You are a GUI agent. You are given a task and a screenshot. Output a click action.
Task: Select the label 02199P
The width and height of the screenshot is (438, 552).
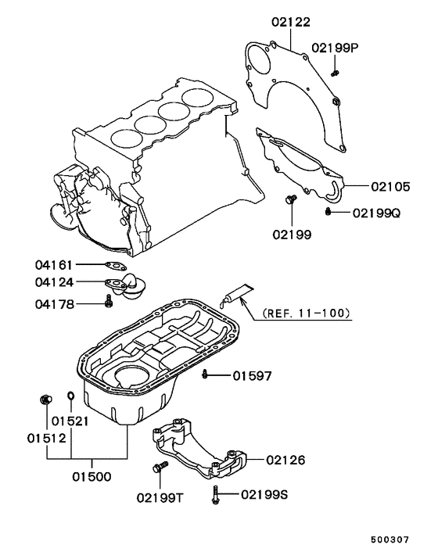[x=335, y=48]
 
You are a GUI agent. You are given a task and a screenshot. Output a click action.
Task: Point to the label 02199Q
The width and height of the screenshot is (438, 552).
[x=375, y=213]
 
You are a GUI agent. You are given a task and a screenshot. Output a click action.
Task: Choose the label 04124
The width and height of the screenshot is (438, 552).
[x=54, y=282]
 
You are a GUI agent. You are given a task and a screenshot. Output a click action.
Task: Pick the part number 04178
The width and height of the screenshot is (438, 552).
[x=54, y=303]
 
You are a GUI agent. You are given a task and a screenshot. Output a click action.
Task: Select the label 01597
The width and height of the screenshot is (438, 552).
[x=252, y=376]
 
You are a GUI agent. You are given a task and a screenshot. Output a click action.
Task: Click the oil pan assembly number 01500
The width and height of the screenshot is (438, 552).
[x=92, y=475]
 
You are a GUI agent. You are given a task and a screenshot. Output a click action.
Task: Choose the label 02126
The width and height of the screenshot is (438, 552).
[x=285, y=461]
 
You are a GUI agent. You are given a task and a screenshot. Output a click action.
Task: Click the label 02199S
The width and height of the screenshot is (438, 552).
[x=264, y=494]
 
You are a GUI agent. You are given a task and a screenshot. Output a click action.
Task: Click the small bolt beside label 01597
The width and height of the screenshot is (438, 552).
[x=205, y=375]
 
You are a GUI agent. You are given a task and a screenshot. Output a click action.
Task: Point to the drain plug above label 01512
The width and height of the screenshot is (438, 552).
[x=45, y=401]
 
